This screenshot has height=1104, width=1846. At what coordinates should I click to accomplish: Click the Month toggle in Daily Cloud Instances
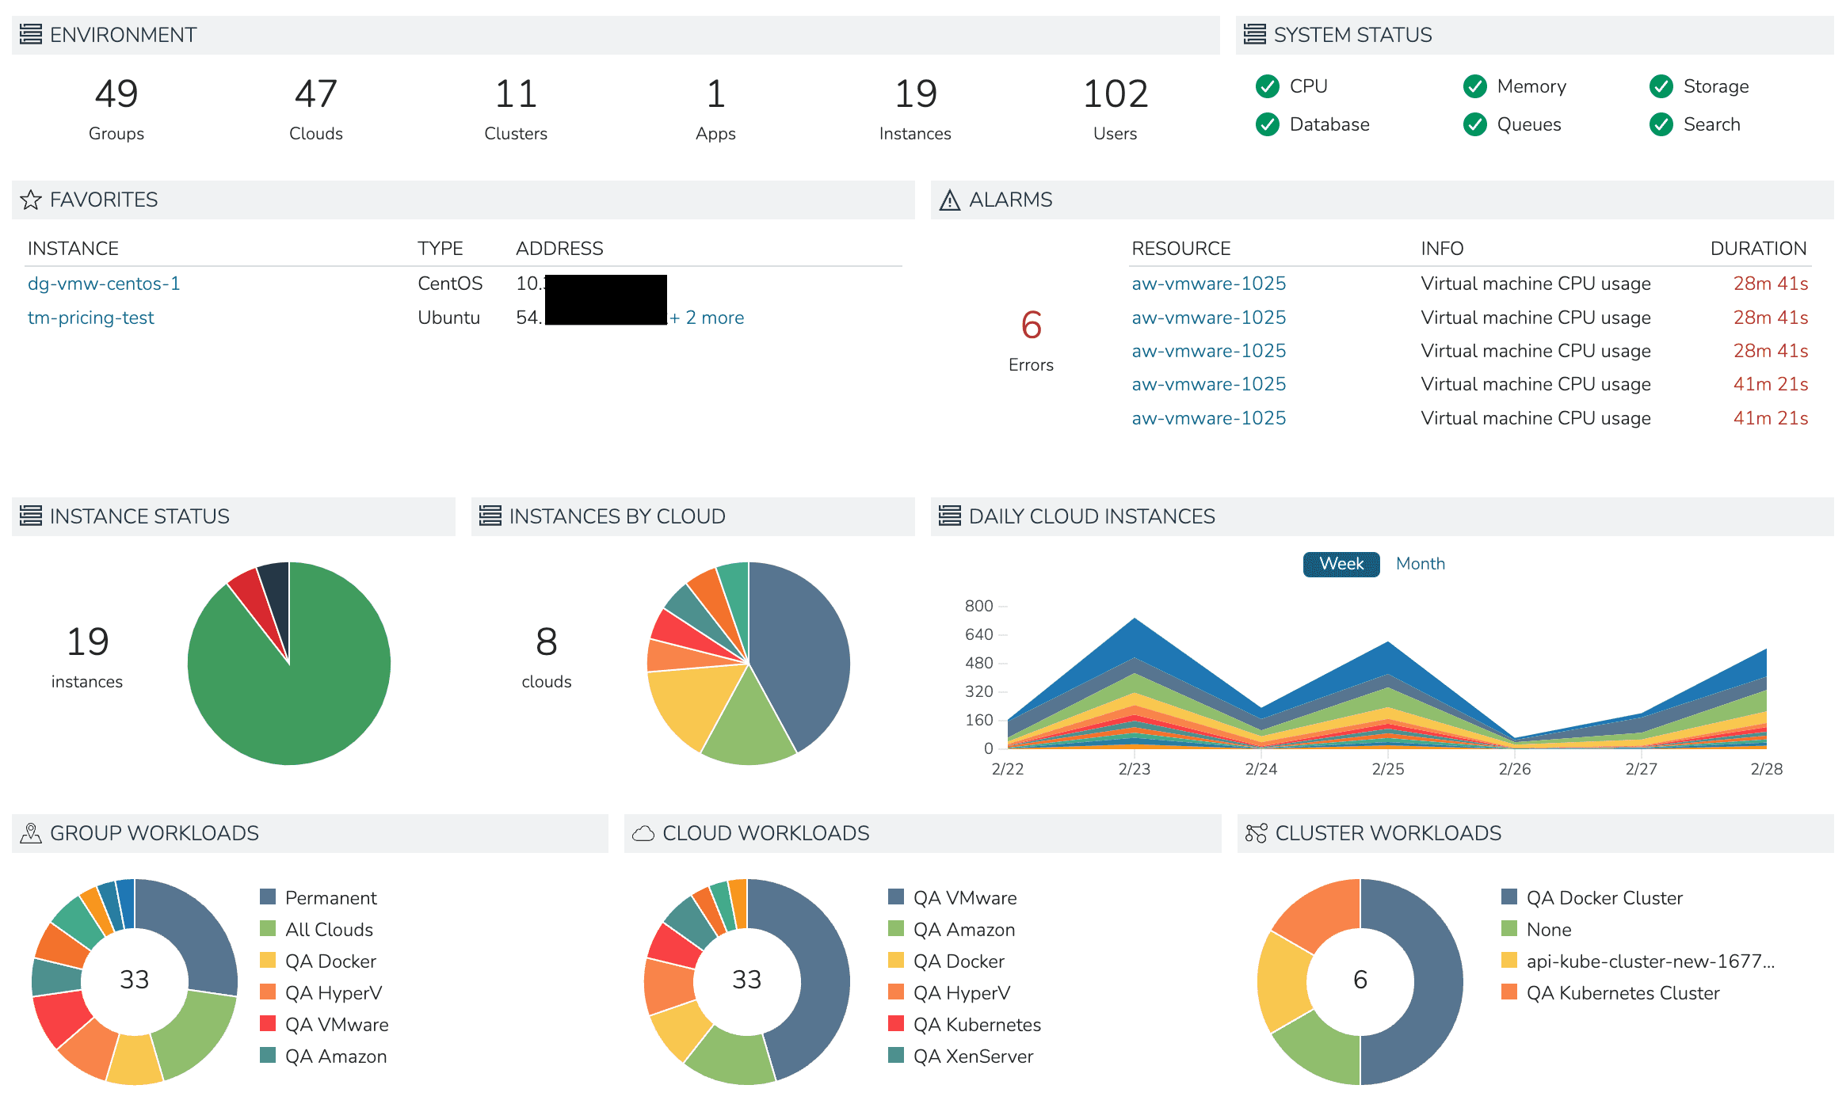[x=1420, y=564]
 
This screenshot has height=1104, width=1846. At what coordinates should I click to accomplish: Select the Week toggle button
[x=1341, y=564]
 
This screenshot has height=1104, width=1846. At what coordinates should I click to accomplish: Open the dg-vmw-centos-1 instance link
[x=104, y=284]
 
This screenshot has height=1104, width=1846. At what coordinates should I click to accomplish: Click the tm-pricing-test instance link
[x=91, y=318]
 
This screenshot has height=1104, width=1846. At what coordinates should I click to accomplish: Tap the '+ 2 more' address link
[x=707, y=318]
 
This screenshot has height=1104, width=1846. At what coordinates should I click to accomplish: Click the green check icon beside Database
[x=1268, y=124]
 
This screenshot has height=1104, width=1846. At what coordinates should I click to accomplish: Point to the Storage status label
[x=1715, y=86]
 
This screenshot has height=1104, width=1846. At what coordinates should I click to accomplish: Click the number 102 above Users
[x=1115, y=94]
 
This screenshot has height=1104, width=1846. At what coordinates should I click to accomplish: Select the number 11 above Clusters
[x=516, y=94]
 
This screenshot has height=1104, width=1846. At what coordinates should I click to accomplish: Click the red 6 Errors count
[x=1031, y=325]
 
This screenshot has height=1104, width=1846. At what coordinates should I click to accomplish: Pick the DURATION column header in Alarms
[x=1758, y=249]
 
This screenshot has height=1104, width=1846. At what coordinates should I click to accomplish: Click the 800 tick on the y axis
[x=978, y=606]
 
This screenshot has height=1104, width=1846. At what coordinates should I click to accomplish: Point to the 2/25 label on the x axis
[x=1387, y=769]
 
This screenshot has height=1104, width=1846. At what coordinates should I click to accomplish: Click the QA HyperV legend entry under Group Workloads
[x=333, y=993]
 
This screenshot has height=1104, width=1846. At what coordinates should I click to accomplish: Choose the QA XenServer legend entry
[x=972, y=1056]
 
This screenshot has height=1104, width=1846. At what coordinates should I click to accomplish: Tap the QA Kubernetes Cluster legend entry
[x=1622, y=993]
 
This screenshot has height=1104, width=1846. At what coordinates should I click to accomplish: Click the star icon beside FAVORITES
[x=31, y=200]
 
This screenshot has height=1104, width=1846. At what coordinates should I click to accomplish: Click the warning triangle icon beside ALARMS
[x=949, y=200]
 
